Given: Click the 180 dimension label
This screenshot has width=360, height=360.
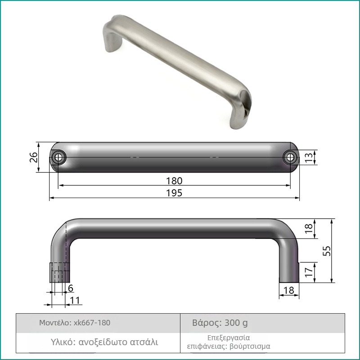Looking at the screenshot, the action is (174, 181).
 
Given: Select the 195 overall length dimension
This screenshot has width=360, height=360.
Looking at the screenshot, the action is (174, 193).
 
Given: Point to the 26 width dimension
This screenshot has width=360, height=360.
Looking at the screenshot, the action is (34, 157).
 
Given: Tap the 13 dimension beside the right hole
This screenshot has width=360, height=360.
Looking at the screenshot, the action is (309, 157).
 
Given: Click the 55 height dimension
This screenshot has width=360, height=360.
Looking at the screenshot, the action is (327, 251).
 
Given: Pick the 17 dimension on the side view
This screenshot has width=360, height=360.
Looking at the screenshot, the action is (309, 272).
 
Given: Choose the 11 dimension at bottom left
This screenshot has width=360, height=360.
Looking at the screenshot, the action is (75, 300).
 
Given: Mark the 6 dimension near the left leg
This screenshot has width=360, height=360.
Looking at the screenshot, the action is (71, 288).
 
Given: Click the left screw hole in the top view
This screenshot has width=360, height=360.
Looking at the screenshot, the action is (58, 157).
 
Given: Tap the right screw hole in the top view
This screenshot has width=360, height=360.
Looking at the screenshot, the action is (290, 157).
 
